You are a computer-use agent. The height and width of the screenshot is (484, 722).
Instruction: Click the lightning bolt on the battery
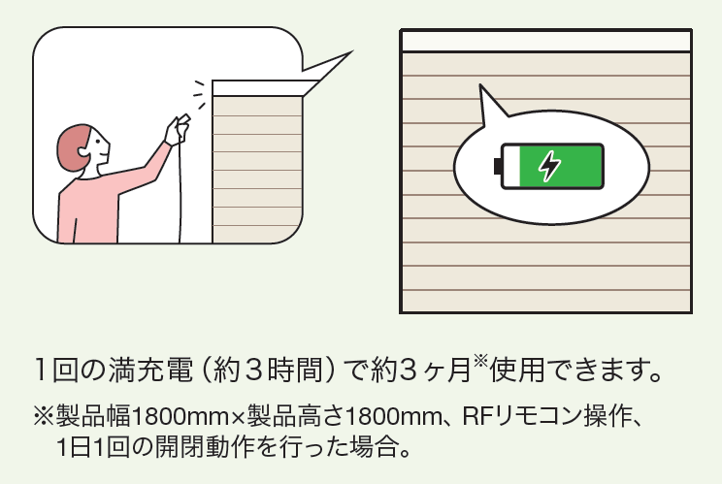550,166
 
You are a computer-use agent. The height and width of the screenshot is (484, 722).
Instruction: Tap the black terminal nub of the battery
497,167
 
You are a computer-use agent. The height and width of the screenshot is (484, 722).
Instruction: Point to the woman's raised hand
178,128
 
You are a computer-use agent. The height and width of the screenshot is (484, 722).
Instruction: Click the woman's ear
84,151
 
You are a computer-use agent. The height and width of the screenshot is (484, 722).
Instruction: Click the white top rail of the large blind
546,42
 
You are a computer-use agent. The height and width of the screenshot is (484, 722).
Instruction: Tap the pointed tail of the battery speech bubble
480,85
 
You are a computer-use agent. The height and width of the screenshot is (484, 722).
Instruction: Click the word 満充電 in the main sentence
150,370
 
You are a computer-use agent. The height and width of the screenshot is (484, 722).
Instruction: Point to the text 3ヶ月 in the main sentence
435,370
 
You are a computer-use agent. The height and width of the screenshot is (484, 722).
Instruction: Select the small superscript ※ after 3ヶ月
480,361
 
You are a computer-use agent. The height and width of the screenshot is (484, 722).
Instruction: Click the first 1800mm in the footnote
180,416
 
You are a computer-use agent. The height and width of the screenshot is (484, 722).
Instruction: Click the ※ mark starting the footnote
44,416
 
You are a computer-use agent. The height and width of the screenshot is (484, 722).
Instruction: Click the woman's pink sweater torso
88,210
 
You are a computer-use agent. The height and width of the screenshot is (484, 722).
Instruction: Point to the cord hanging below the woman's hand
180,192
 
